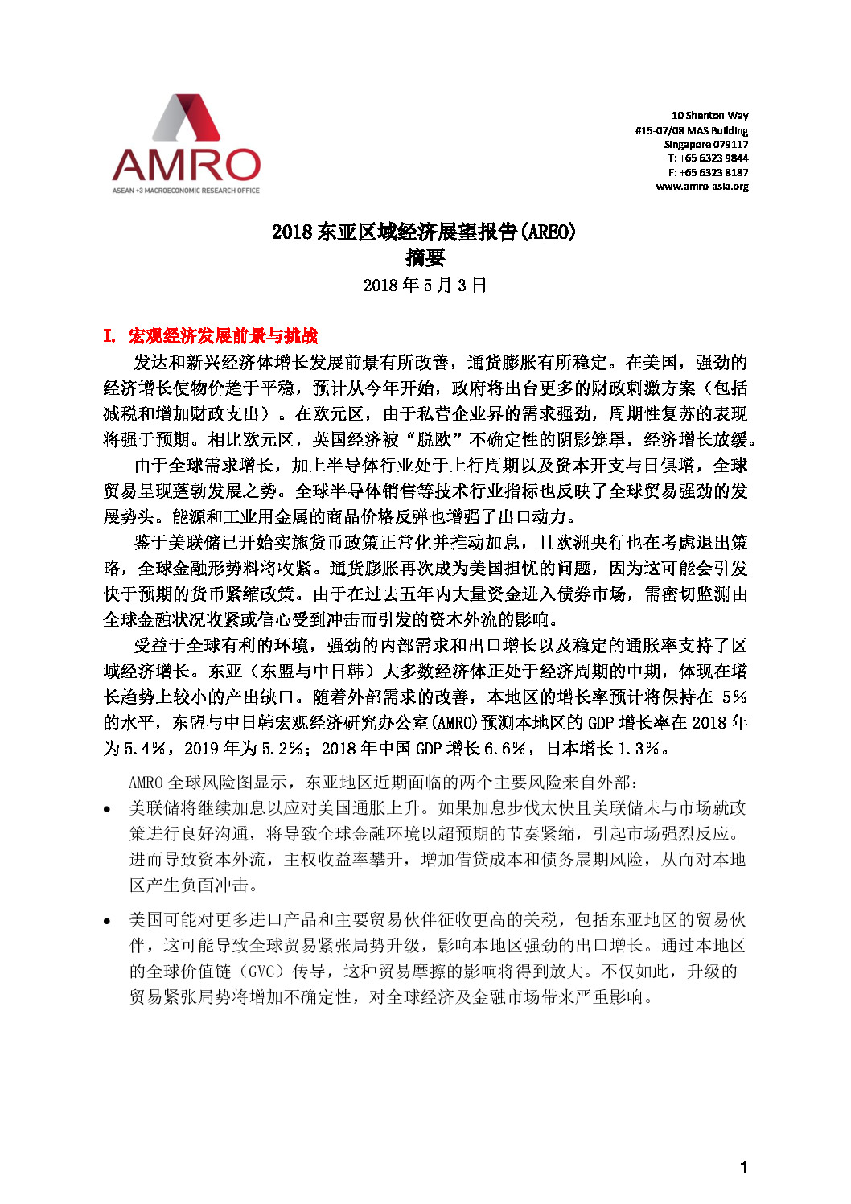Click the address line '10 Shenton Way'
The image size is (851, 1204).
(x=709, y=116)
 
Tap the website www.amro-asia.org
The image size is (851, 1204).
(x=701, y=187)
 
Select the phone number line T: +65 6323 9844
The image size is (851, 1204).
(x=708, y=158)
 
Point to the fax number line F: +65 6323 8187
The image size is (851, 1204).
(x=708, y=172)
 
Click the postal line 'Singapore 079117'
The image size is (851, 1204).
(x=705, y=145)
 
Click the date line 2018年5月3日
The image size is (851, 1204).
(x=425, y=286)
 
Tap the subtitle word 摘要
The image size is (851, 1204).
(x=425, y=257)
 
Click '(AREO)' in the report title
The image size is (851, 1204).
(x=549, y=232)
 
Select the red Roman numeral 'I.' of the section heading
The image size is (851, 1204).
(x=110, y=336)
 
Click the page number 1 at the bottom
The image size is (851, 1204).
(x=744, y=1167)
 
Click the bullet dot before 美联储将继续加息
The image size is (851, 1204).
(x=108, y=809)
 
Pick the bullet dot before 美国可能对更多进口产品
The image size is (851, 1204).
(x=108, y=921)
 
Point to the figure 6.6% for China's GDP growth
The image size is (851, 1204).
(x=506, y=749)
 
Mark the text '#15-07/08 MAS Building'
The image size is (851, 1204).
(x=691, y=130)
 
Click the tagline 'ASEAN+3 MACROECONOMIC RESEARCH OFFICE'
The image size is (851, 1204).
(x=186, y=191)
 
